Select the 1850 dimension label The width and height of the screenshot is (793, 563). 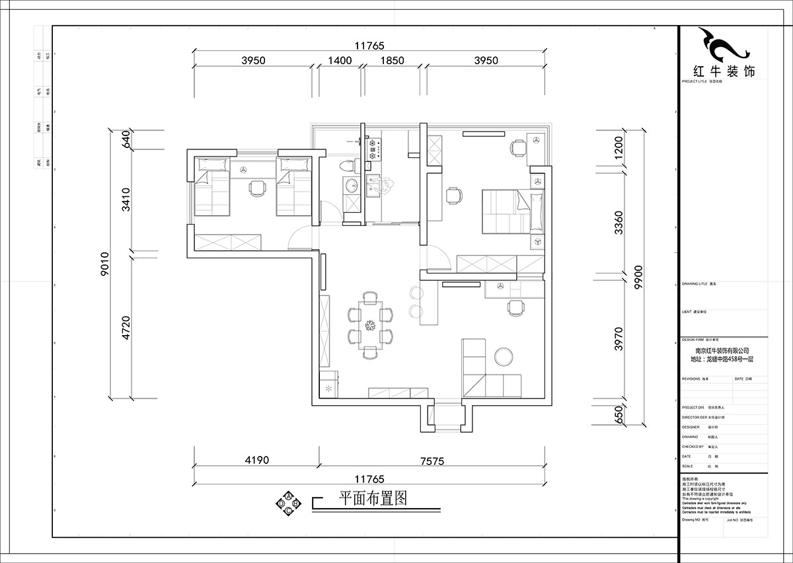point(392,60)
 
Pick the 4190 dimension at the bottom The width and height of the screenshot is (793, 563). point(256,460)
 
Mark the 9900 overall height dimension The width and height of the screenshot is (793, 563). point(638,281)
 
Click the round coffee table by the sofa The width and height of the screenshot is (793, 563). point(504,357)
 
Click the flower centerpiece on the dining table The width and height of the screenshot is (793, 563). point(370,326)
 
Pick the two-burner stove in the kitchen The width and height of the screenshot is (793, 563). point(373,149)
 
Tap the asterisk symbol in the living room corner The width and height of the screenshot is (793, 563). point(328,389)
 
